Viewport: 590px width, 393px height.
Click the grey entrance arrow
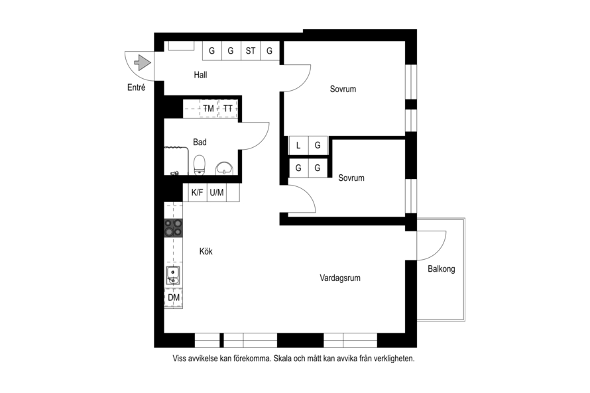point(143,62)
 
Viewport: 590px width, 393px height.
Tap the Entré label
point(136,87)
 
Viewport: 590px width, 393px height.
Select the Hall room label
point(201,75)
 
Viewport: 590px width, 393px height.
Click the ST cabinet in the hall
point(251,51)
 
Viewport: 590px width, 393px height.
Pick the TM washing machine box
point(209,109)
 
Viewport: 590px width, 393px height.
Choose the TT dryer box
point(228,109)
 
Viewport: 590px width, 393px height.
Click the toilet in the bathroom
point(200,165)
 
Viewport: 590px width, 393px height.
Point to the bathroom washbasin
point(225,168)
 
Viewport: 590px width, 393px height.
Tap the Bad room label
point(200,142)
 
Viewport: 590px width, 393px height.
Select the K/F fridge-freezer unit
point(197,193)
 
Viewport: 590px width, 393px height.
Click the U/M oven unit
point(217,193)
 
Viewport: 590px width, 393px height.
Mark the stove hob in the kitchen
point(174,228)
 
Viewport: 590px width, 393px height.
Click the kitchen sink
point(173,275)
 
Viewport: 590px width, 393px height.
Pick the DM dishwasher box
point(174,298)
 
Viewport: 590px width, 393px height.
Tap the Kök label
point(206,251)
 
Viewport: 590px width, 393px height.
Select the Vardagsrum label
point(340,278)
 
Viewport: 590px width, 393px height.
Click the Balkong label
point(442,269)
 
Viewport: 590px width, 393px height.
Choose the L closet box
point(298,145)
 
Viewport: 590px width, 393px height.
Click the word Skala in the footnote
point(282,359)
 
